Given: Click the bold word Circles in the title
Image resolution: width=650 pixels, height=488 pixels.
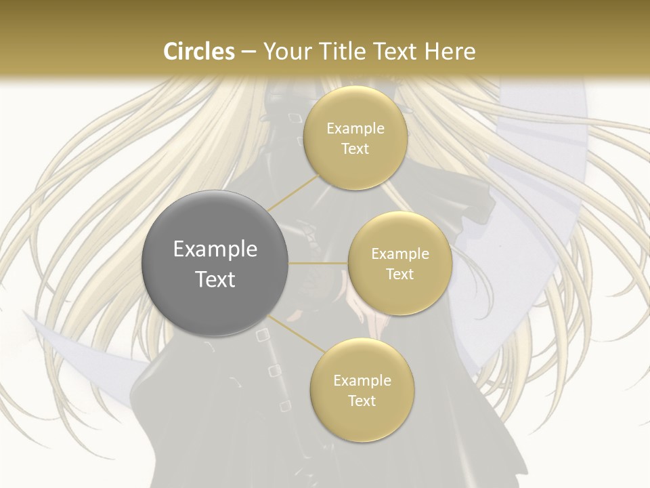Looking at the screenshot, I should (x=198, y=51).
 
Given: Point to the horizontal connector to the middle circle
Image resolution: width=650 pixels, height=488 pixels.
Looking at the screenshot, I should (x=318, y=263).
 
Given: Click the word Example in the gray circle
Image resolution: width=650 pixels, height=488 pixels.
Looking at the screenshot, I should (x=215, y=249).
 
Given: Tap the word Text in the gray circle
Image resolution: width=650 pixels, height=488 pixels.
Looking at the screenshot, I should (x=215, y=279).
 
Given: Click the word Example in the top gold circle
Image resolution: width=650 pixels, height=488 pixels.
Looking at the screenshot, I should (x=355, y=129).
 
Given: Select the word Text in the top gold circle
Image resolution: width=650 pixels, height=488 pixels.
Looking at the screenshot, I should (x=355, y=148).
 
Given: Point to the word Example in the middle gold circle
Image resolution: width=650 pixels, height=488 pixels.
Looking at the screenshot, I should (x=399, y=254).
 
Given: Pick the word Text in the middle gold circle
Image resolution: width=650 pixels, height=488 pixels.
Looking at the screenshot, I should (x=399, y=274).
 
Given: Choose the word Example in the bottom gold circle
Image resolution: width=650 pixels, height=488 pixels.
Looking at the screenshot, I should (x=362, y=381).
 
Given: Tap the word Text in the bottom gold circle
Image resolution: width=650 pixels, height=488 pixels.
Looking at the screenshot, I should (x=362, y=401).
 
